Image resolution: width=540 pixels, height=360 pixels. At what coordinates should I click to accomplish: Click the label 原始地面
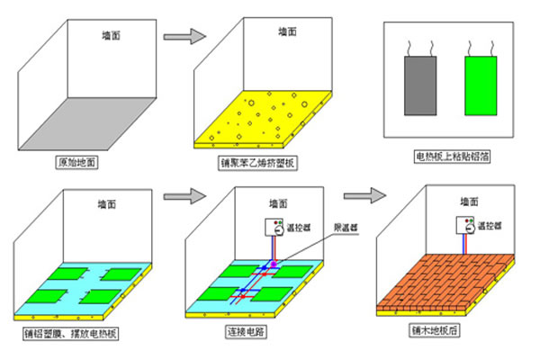pos(77,164)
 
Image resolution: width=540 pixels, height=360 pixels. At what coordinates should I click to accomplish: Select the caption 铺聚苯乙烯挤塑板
pos(258,164)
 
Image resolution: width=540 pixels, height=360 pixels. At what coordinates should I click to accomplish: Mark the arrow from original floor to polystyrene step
pos(183,37)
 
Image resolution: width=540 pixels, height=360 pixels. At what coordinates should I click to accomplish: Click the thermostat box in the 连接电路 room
pos(274,226)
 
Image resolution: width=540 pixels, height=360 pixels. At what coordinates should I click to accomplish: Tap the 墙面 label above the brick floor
pos(469,202)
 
